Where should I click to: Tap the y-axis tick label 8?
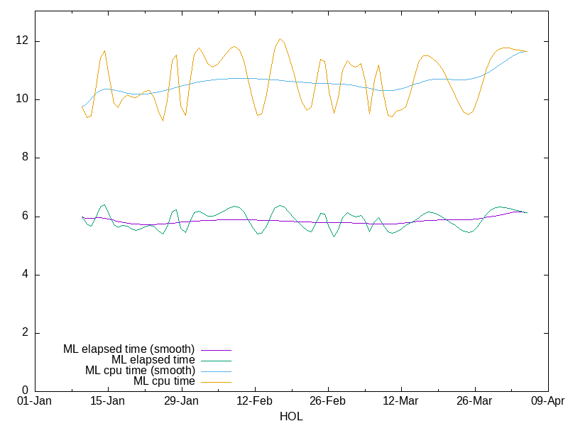click(x=26, y=158)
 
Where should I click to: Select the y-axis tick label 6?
click(x=26, y=216)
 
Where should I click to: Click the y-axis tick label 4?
click(x=26, y=275)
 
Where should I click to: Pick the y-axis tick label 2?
click(x=26, y=333)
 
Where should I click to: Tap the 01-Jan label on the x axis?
click(x=34, y=401)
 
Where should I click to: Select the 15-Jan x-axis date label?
click(x=108, y=401)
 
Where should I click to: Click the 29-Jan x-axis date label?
click(x=181, y=401)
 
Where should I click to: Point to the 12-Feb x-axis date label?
click(x=254, y=401)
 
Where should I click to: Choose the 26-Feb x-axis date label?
click(x=327, y=401)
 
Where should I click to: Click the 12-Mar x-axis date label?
click(x=401, y=401)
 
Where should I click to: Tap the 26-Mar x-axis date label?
click(x=474, y=401)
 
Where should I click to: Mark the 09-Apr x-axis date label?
click(x=547, y=401)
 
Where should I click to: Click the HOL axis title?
click(x=291, y=417)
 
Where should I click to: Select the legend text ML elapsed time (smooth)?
click(x=129, y=349)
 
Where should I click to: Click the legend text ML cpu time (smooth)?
click(x=140, y=371)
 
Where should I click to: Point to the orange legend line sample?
click(x=216, y=381)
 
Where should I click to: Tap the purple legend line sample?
click(x=216, y=349)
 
